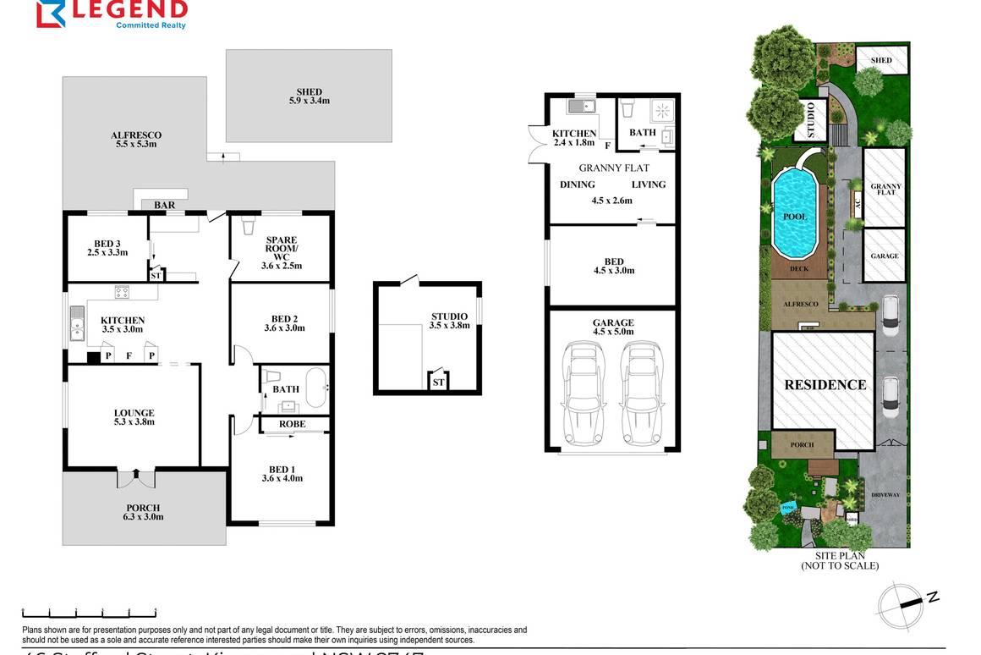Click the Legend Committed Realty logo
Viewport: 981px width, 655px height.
[x=111, y=14]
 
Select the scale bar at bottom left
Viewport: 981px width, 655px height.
[x=89, y=612]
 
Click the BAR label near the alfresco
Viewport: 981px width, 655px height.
[x=164, y=205]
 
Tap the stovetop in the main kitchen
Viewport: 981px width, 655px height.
[x=122, y=294]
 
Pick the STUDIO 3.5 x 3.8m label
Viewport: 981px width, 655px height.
[x=448, y=321]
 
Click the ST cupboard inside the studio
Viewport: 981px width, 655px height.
[x=437, y=383]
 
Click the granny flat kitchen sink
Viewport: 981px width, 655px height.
[x=581, y=106]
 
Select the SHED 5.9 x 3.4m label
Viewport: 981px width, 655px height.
[x=309, y=96]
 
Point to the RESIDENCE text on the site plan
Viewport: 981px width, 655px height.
[x=825, y=385]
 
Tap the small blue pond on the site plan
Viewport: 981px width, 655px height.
[x=788, y=506]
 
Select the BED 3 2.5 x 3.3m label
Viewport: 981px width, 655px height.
[x=107, y=248]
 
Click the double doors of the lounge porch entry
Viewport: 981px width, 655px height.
[x=136, y=478]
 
